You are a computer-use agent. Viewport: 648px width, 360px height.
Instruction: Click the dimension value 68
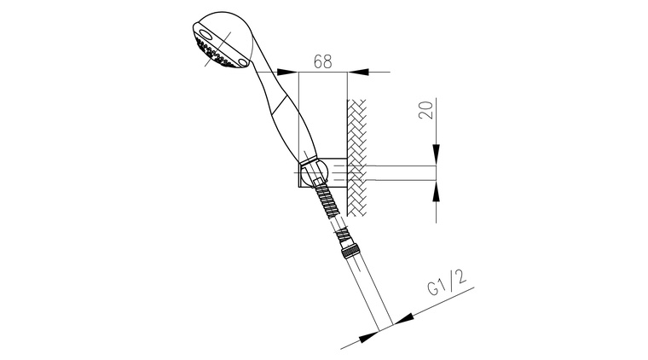323,61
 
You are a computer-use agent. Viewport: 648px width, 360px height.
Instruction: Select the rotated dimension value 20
426,109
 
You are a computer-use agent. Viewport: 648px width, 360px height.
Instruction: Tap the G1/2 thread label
447,283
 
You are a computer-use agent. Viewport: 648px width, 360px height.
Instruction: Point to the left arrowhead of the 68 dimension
287,72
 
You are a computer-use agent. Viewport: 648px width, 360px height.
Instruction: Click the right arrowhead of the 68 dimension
358,72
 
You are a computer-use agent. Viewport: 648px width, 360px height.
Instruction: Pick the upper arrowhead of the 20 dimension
436,155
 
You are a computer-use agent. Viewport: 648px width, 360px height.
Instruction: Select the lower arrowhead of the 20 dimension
436,191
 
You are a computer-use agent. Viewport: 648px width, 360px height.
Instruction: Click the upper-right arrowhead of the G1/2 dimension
403,318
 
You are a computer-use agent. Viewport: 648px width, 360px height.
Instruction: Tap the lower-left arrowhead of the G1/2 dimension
368,337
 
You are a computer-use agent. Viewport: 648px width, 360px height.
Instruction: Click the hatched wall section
356,158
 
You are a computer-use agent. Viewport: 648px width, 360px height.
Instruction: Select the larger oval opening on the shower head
205,36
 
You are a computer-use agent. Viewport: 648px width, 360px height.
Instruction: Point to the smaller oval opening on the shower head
243,61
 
